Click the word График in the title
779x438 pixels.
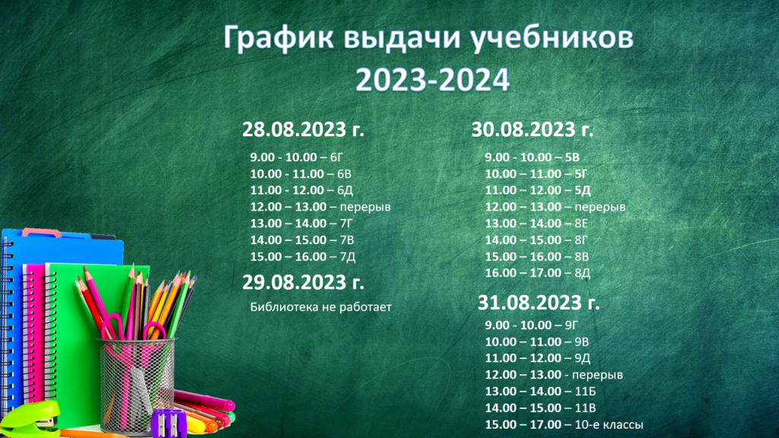tap(278, 38)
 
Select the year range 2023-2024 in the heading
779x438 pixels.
tap(432, 80)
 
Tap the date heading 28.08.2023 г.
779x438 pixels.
tap(303, 129)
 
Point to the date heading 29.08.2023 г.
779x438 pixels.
tap(303, 283)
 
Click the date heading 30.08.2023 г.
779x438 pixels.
tap(532, 129)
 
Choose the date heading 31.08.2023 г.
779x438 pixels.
tap(539, 303)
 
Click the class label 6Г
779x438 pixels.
tap(336, 157)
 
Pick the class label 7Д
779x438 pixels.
tap(348, 257)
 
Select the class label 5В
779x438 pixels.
tap(572, 157)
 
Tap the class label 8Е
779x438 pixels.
tap(581, 224)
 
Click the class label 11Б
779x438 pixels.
tap(585, 392)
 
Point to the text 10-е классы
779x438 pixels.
tap(609, 424)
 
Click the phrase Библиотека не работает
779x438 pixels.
tap(321, 307)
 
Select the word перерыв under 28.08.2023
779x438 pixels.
tap(365, 207)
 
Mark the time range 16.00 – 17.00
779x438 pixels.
tap(523, 273)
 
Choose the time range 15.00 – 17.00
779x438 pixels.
tap(523, 424)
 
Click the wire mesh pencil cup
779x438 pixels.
tap(137, 383)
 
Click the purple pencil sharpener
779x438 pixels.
tap(169, 423)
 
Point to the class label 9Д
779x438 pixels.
tap(582, 358)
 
